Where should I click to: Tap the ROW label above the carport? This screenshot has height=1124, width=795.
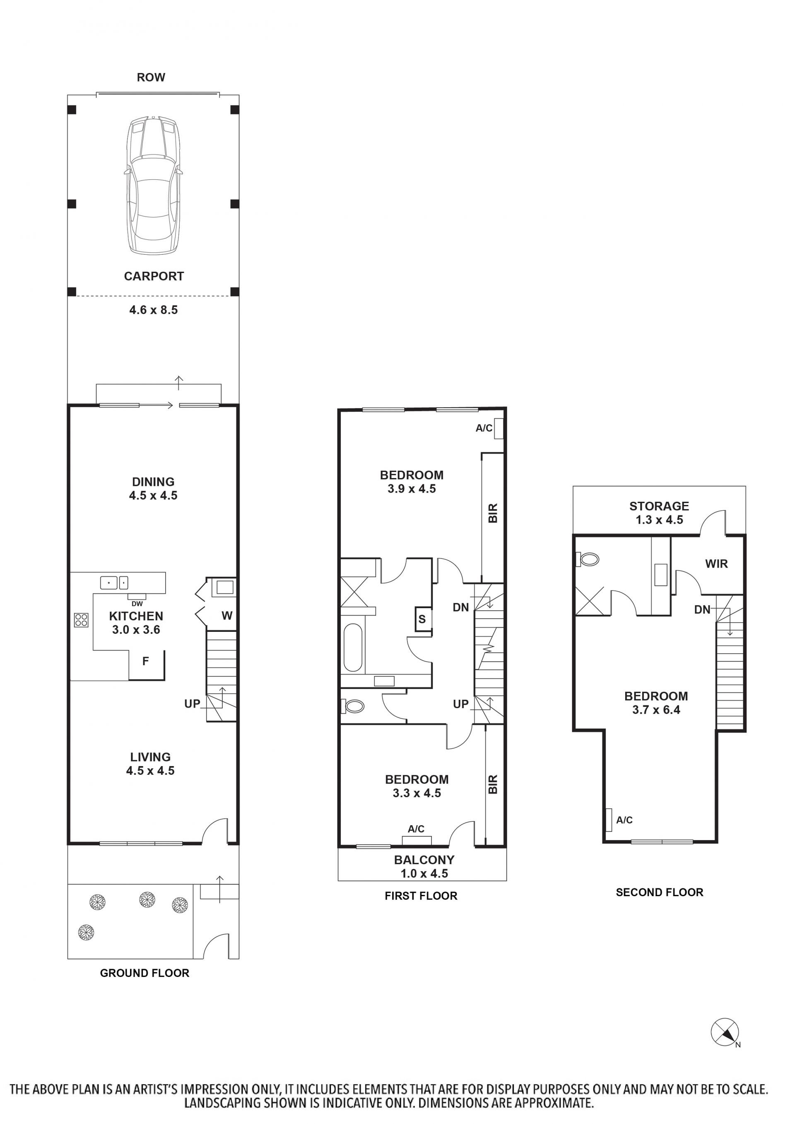[x=151, y=77]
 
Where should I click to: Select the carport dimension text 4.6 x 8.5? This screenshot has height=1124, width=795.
[x=153, y=309]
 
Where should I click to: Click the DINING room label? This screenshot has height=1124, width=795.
[x=153, y=481]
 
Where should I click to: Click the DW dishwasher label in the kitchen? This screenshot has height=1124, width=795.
[x=137, y=604]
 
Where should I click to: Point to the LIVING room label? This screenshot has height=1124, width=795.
[x=150, y=757]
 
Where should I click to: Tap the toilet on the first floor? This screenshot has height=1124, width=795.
[x=352, y=706]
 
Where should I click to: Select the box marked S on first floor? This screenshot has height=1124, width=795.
[x=422, y=619]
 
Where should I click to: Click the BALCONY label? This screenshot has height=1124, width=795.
[x=424, y=860]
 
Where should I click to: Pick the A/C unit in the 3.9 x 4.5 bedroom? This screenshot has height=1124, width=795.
[x=499, y=428]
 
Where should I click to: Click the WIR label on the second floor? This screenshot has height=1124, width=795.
[x=716, y=564]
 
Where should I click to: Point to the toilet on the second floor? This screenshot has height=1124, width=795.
[x=587, y=559]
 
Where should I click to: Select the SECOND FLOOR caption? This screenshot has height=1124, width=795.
[x=660, y=892]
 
